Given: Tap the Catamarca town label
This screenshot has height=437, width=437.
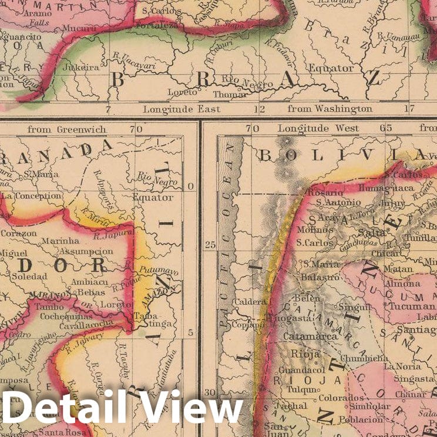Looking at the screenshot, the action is (x=302, y=337).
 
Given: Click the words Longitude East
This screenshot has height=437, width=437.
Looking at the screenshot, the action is (x=181, y=109).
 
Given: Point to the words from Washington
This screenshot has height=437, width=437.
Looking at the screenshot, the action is (x=330, y=109).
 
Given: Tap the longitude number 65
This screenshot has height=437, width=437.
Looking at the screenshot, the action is (x=385, y=127).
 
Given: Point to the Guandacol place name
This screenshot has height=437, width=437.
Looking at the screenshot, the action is (x=302, y=371).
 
